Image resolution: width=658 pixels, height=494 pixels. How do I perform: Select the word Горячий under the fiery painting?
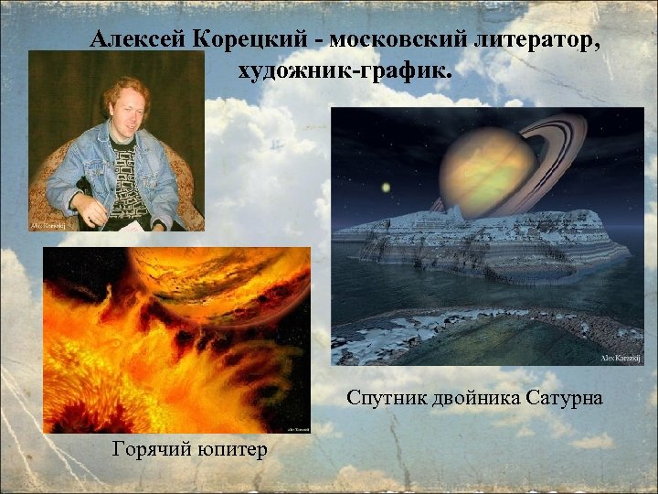[x=149, y=449]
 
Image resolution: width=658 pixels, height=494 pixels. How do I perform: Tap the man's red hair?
[x=120, y=87]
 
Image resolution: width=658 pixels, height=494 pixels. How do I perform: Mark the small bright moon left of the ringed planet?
[x=385, y=188]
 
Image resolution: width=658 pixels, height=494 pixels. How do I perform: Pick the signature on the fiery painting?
[x=298, y=427]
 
